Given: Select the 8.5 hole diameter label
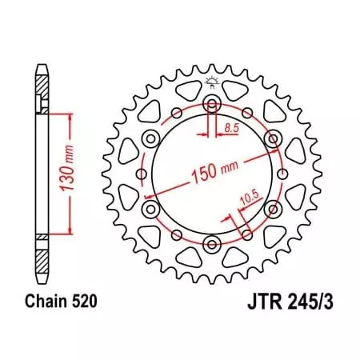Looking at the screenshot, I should point(230,127).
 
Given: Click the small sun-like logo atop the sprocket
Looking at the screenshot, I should point(213,81).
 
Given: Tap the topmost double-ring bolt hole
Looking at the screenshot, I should point(212,103).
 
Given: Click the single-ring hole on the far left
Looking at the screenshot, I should point(142,173).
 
